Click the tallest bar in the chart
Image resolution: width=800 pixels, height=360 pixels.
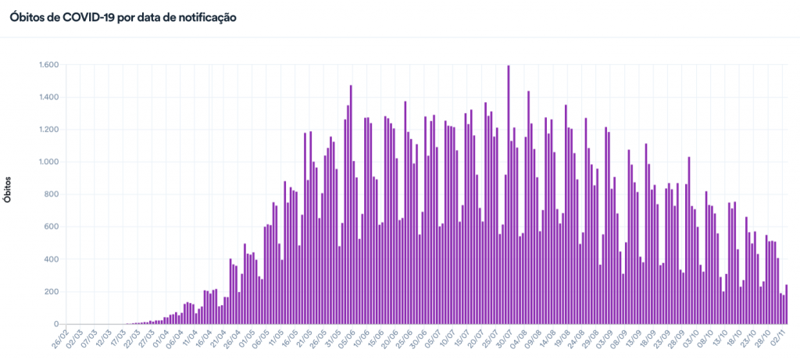tap(509, 195)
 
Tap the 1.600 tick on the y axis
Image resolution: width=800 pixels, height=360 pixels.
tap(48, 65)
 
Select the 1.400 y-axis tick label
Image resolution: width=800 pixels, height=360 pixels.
tap(48, 98)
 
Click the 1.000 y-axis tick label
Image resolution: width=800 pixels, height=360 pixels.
tap(48, 162)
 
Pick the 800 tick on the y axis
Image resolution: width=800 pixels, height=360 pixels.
tap(51, 194)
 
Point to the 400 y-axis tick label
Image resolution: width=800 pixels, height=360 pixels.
tap(51, 259)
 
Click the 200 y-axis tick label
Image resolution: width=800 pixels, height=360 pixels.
tap(51, 292)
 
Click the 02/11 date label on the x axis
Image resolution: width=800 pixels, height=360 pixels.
tap(777, 340)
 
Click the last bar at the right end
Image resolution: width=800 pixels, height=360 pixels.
tap(786, 305)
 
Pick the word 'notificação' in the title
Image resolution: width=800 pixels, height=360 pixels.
tap(204, 16)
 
